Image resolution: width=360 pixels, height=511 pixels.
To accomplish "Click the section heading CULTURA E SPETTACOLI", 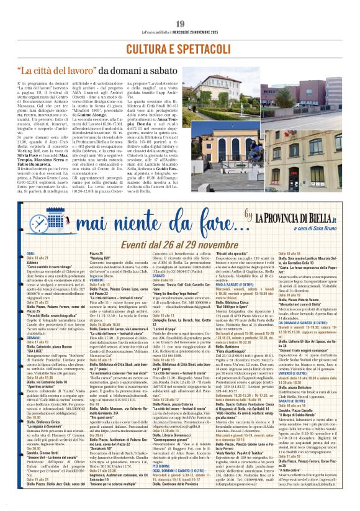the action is click(179, 48).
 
